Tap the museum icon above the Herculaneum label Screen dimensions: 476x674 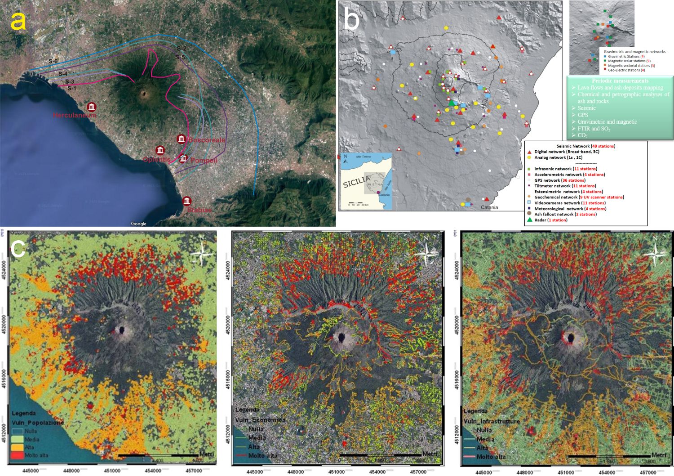(x=92, y=107)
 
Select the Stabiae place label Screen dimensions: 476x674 (x=199, y=210)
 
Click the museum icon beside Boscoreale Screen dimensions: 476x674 (x=181, y=139)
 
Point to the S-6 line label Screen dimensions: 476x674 (x=53, y=61)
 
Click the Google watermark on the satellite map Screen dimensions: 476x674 (x=138, y=224)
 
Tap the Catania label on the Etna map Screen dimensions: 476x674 (x=489, y=207)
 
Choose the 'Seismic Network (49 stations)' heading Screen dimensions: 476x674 (x=585, y=146)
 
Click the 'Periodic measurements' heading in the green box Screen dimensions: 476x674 (x=620, y=81)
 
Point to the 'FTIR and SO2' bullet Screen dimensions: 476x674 (x=594, y=129)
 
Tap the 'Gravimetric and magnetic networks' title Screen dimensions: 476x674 (x=634, y=52)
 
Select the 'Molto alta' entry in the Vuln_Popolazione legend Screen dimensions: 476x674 (x=36, y=455)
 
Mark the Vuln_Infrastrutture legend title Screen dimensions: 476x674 (x=492, y=421)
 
